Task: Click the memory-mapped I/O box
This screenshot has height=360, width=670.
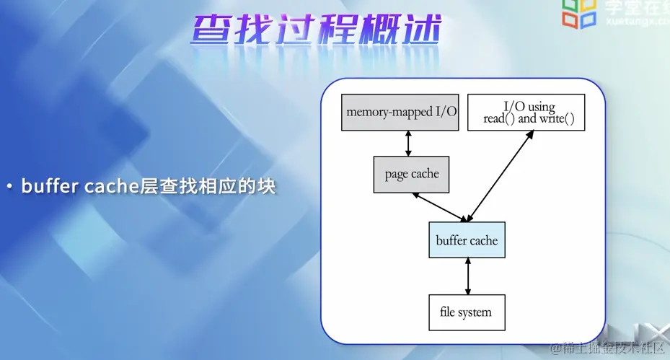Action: click(x=400, y=112)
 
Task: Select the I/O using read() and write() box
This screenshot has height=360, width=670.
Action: click(x=525, y=112)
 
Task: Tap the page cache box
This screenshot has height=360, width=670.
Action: click(x=411, y=174)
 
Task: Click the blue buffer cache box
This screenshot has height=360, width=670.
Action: click(x=467, y=240)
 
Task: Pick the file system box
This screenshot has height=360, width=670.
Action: click(x=466, y=312)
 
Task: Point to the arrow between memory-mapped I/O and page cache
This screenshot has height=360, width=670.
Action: click(x=409, y=143)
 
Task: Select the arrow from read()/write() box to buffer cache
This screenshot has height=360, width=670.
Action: click(x=499, y=176)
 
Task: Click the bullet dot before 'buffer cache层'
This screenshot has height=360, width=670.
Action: click(x=9, y=187)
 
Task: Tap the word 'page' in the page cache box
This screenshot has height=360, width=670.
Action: click(x=396, y=174)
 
